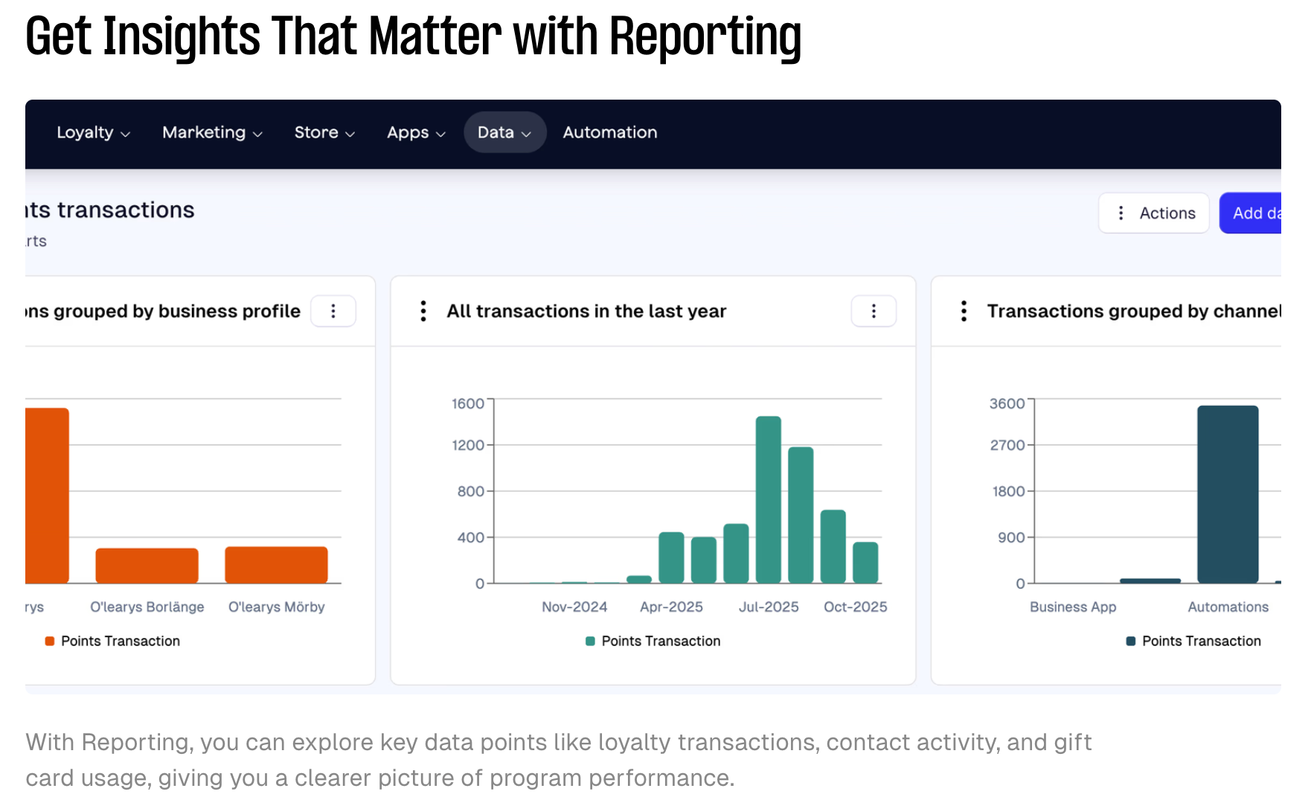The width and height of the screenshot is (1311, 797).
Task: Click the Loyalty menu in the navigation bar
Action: pos(93,132)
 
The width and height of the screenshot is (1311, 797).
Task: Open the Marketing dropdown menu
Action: pos(212,132)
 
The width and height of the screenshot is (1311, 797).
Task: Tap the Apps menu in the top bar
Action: pos(416,132)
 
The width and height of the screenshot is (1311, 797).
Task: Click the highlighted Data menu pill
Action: pos(504,132)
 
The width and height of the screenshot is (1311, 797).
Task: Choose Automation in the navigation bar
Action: pos(610,132)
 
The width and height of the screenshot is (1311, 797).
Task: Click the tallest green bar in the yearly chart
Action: pos(768,500)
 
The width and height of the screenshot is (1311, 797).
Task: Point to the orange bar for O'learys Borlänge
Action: pos(147,566)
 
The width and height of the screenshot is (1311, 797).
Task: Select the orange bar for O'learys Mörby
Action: pos(276,565)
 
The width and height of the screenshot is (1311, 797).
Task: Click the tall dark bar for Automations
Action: pos(1228,494)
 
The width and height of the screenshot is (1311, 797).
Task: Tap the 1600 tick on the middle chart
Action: pos(468,404)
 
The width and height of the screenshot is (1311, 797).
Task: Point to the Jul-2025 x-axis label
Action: pos(769,607)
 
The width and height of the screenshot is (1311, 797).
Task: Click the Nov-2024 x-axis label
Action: pos(574,607)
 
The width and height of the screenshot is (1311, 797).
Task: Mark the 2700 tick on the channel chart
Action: pos(1007,445)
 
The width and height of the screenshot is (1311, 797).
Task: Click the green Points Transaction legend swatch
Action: pos(590,641)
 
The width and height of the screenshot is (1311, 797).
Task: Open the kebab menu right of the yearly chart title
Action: pos(874,311)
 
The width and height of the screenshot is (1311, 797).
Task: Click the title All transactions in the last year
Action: pos(586,311)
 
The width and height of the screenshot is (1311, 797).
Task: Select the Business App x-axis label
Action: pos(1073,607)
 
